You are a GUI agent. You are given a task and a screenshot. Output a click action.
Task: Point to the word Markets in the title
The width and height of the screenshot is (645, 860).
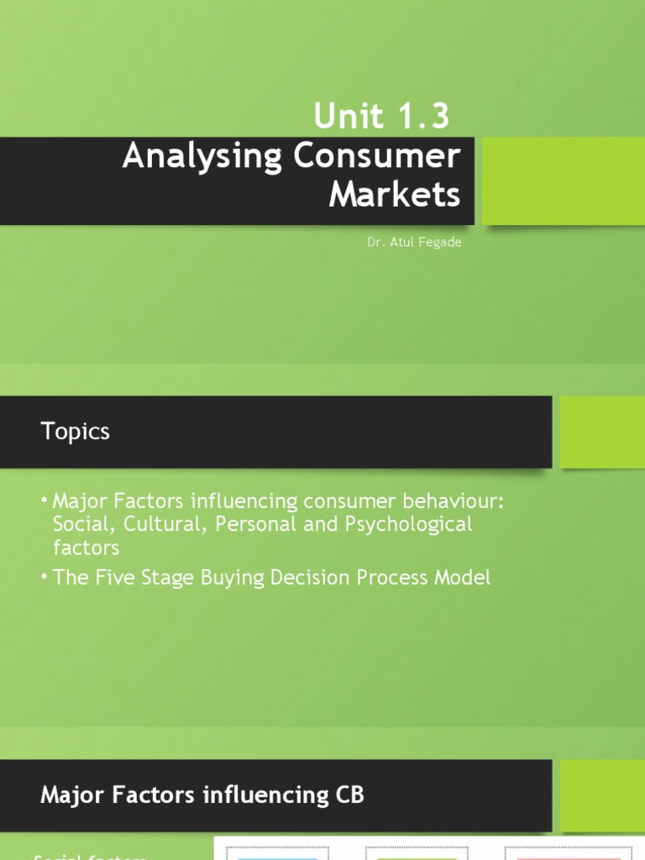pos(395,194)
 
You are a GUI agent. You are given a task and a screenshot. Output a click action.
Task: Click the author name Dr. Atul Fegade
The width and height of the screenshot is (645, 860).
pos(414,242)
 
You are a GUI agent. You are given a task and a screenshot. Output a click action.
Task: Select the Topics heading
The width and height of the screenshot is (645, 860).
pos(76,432)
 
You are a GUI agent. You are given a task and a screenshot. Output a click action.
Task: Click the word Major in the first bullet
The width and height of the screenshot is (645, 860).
pos(79,501)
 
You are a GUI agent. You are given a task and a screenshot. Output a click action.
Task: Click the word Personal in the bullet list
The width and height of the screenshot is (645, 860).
pos(251,525)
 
